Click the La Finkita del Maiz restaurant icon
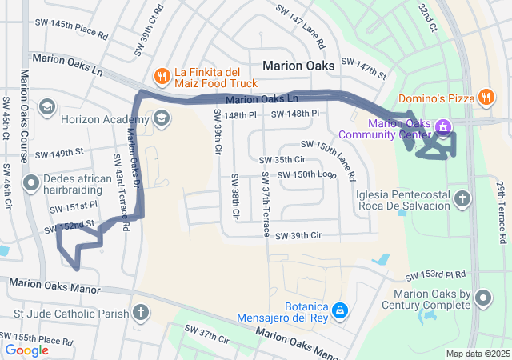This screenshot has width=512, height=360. (x=162, y=76)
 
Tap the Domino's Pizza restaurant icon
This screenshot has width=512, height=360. (x=486, y=98)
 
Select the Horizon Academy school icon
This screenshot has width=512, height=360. (x=162, y=119)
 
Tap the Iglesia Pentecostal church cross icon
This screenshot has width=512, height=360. (x=462, y=198)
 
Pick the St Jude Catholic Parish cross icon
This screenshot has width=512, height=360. (x=141, y=313)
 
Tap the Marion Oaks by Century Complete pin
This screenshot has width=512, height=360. (x=483, y=299)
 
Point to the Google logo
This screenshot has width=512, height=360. (x=27, y=350)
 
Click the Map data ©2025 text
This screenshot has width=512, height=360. (x=477, y=354)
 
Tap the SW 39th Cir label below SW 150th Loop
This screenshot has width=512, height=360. (x=298, y=236)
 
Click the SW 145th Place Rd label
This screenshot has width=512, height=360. (x=72, y=30)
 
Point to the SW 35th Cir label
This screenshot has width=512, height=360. (x=283, y=159)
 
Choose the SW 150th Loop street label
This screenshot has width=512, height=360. (x=307, y=174)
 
